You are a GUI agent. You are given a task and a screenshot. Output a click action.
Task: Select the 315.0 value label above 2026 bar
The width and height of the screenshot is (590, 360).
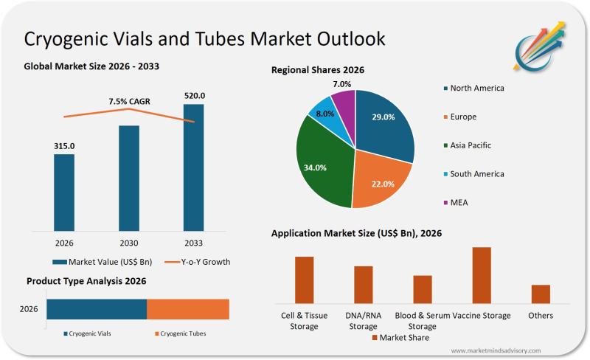[x=64, y=146]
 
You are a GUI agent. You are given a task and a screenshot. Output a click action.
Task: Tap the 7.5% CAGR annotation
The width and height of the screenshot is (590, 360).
[x=129, y=101]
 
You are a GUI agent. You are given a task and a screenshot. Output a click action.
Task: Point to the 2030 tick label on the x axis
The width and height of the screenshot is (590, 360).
[x=129, y=242]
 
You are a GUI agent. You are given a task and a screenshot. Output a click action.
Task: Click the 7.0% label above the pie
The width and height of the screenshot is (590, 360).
[x=341, y=84]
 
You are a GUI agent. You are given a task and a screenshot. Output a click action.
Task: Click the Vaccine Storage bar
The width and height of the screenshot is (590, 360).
[x=482, y=275]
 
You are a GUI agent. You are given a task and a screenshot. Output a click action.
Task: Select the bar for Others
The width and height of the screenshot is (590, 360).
[x=541, y=294]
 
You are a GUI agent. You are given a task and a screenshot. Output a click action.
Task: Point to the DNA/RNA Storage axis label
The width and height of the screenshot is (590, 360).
[x=363, y=321]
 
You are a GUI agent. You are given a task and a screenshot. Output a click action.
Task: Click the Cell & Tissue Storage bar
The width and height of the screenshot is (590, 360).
[x=304, y=280]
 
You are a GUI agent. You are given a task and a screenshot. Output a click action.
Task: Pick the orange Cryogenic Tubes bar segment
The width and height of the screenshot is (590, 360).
[x=188, y=309]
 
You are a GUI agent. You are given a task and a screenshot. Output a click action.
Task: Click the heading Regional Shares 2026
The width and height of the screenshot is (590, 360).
[x=318, y=70]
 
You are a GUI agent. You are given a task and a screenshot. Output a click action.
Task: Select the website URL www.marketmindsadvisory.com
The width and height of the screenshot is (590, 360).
[x=495, y=350]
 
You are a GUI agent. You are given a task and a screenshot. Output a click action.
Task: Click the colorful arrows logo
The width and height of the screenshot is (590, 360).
[x=540, y=45]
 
